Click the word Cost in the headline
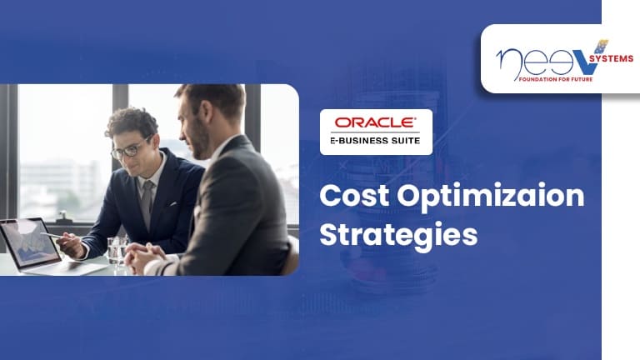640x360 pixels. [354, 196]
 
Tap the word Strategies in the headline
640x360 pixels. [398, 235]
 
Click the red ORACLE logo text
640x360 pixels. [376, 122]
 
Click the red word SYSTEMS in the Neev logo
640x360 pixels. [611, 59]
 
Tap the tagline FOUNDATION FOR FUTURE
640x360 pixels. [556, 79]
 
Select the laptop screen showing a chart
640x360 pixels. [30, 243]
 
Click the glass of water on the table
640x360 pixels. [118, 250]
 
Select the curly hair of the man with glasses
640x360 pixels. [132, 120]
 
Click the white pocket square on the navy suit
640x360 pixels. [173, 202]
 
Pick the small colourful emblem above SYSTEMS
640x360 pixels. [601, 46]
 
